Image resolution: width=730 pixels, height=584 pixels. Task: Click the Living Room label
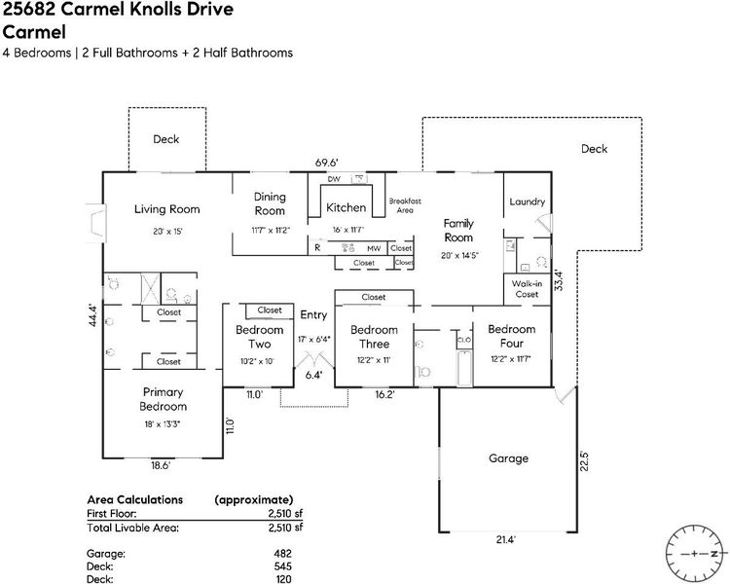point(166,208)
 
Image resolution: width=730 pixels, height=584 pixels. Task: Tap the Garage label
point(508,457)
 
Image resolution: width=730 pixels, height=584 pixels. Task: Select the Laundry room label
point(527,202)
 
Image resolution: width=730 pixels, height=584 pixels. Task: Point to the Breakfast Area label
point(404,205)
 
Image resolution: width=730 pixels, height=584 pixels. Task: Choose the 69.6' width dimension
point(326,163)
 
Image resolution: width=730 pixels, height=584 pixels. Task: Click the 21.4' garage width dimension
point(504,538)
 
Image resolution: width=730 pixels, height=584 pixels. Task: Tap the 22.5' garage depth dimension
point(584,458)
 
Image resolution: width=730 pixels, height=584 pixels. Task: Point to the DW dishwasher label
point(333,180)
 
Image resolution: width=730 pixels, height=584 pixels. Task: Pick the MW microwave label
point(374,248)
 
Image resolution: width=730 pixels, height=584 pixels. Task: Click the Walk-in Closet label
point(527,288)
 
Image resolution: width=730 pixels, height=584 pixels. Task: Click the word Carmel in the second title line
point(38,29)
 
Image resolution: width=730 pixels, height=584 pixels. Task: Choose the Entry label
point(313,314)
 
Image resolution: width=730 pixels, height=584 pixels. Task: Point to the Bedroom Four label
point(512,336)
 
